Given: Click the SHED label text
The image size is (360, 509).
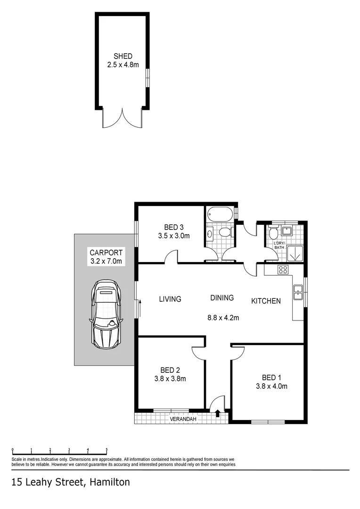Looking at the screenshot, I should pyautogui.click(x=123, y=57).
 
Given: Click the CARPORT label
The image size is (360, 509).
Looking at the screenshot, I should pyautogui.click(x=106, y=252).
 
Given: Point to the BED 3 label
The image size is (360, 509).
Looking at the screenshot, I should pyautogui.click(x=174, y=226).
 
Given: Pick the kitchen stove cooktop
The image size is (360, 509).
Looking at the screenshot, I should pyautogui.click(x=283, y=270).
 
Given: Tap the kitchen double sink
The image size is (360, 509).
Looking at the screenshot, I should pyautogui.click(x=298, y=292).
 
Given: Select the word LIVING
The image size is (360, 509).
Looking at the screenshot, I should pyautogui.click(x=170, y=299).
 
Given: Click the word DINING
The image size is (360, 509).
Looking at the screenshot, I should pyautogui.click(x=222, y=298).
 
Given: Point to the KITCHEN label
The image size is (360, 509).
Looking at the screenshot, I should pyautogui.click(x=266, y=301).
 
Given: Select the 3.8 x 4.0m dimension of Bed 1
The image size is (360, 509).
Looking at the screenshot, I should pyautogui.click(x=271, y=386).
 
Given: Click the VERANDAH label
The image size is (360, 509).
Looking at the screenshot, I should pyautogui.click(x=183, y=419).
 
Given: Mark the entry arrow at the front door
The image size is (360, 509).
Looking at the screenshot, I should pyautogui.click(x=218, y=414).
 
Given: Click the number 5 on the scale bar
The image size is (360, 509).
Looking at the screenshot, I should pyautogui.click(x=107, y=450).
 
